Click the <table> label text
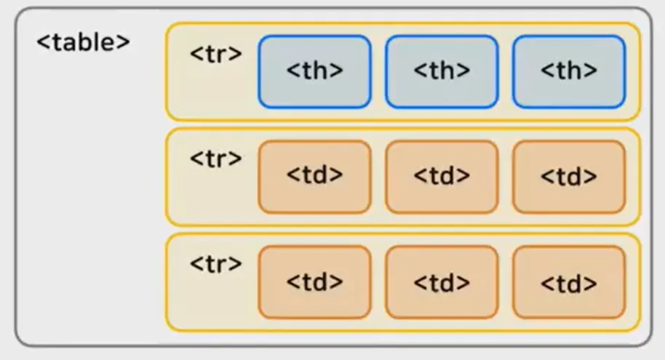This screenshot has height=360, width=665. click(x=83, y=42)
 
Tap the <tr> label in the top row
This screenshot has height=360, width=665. click(x=215, y=55)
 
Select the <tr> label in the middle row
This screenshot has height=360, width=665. click(x=215, y=159)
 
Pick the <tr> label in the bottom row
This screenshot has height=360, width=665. click(x=215, y=264)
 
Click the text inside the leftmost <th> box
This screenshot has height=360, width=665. click(x=314, y=71)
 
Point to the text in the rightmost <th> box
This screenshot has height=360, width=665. click(x=569, y=71)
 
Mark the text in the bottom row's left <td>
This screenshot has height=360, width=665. click(x=314, y=282)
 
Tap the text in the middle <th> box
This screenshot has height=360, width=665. click(x=442, y=71)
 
